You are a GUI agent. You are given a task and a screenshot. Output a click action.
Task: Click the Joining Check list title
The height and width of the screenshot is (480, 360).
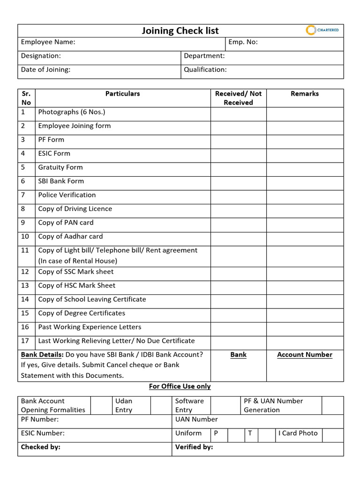(180, 31)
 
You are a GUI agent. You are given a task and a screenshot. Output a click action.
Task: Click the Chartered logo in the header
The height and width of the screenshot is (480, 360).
(322, 30)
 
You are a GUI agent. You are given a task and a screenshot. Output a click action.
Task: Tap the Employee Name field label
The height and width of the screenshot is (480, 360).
(48, 42)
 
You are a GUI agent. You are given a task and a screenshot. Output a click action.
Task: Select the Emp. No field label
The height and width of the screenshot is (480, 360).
(243, 42)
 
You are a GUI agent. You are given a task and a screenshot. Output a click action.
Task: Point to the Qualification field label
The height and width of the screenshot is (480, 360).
(205, 69)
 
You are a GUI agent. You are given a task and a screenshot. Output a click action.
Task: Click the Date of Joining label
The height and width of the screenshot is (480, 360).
(45, 69)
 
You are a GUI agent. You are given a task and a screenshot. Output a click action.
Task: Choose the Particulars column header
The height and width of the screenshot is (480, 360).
(122, 94)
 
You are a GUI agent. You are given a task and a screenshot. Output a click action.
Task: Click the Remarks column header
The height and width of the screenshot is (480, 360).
(305, 94)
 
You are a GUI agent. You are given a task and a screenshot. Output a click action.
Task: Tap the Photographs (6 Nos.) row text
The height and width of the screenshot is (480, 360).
(72, 112)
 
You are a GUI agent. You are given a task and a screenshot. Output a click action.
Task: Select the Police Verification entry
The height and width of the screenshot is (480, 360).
(67, 195)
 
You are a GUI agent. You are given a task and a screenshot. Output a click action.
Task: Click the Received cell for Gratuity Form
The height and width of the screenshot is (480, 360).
(238, 167)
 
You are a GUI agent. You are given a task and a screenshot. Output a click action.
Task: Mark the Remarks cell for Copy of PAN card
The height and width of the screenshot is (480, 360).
(305, 223)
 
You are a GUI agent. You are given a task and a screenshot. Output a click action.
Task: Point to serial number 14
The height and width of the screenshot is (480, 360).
(25, 299)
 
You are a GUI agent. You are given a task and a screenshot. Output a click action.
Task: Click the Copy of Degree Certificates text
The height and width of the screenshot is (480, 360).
(82, 313)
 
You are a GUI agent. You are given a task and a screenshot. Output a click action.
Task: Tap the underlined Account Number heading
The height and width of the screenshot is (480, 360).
(305, 355)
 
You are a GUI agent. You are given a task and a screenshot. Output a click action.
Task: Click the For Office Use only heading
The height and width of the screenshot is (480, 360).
(180, 386)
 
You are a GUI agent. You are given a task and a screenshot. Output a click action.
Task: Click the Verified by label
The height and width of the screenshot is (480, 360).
(194, 447)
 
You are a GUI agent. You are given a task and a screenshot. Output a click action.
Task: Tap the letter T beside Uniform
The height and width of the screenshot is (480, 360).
(250, 433)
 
